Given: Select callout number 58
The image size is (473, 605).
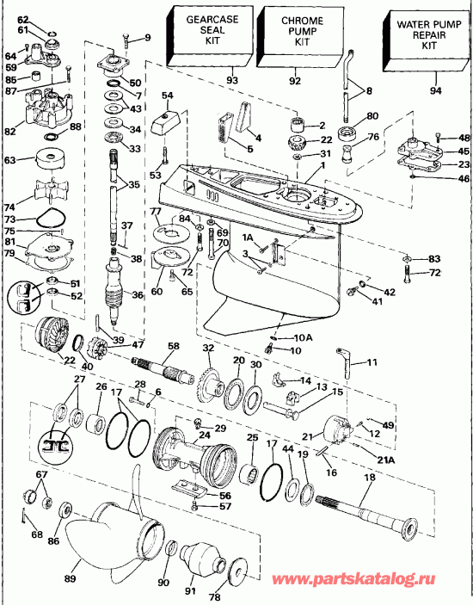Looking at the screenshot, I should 173,346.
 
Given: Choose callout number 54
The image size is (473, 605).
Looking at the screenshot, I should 167,96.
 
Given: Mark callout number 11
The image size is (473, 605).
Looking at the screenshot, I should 372,362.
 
